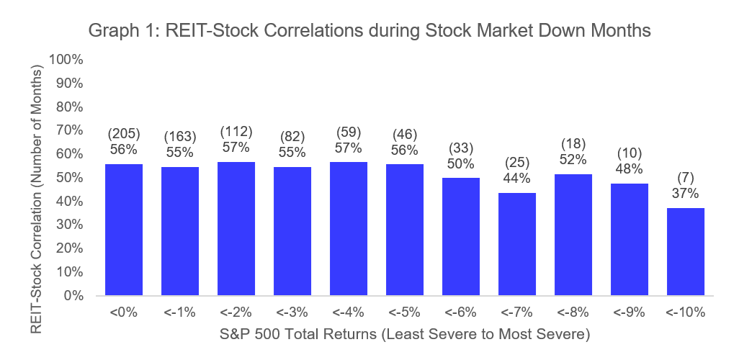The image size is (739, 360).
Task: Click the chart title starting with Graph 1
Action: (x=369, y=31)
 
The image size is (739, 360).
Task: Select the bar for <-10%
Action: (x=686, y=252)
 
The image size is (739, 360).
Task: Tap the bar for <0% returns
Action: (x=124, y=230)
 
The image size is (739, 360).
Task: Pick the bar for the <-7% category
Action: (x=517, y=244)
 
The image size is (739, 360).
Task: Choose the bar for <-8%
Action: (x=573, y=235)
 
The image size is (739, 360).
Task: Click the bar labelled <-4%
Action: (x=349, y=228)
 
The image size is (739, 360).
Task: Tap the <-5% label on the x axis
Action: (x=405, y=313)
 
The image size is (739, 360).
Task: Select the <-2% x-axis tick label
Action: (x=236, y=313)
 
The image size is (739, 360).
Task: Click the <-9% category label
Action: (x=630, y=313)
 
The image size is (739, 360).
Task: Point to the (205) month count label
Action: (x=124, y=133)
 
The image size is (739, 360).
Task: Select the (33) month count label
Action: (x=461, y=148)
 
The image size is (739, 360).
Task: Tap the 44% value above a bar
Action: (x=517, y=178)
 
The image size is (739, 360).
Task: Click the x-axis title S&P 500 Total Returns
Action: (x=404, y=334)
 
